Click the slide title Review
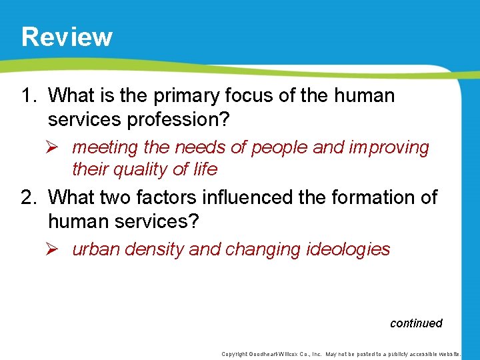tap(67, 37)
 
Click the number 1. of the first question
tap(30, 96)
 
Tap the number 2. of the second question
tap(30, 197)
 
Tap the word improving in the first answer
tap(389, 147)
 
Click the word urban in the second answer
tap(91, 249)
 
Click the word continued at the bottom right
tap(416, 323)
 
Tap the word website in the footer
tap(455, 354)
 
